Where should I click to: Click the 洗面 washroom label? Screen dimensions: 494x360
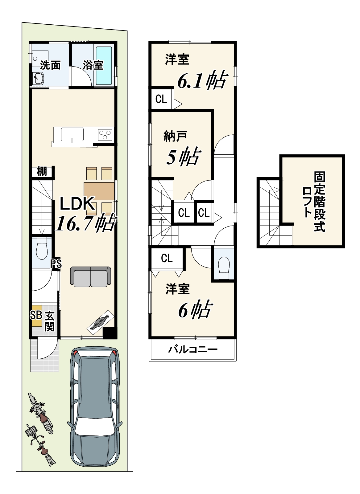50,65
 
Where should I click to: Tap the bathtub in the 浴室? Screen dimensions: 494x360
104,66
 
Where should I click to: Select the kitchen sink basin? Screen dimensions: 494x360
72,134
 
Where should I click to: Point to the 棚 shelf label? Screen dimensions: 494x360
42,171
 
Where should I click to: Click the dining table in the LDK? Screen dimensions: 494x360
99,191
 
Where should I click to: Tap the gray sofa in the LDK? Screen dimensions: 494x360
90,276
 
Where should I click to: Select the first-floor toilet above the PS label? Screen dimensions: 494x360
42,249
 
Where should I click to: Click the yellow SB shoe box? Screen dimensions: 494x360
36,315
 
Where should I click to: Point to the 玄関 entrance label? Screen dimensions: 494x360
50,321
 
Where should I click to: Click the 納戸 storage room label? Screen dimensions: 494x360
175,136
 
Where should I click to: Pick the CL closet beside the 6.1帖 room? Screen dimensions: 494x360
161,99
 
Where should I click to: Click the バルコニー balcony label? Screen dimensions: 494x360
193,349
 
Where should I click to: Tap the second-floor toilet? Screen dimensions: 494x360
224,267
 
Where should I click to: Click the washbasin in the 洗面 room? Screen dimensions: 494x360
38,78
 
